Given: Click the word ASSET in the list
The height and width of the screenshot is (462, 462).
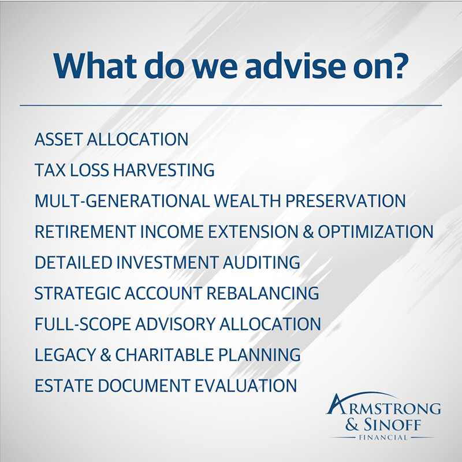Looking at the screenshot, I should point(59,140).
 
